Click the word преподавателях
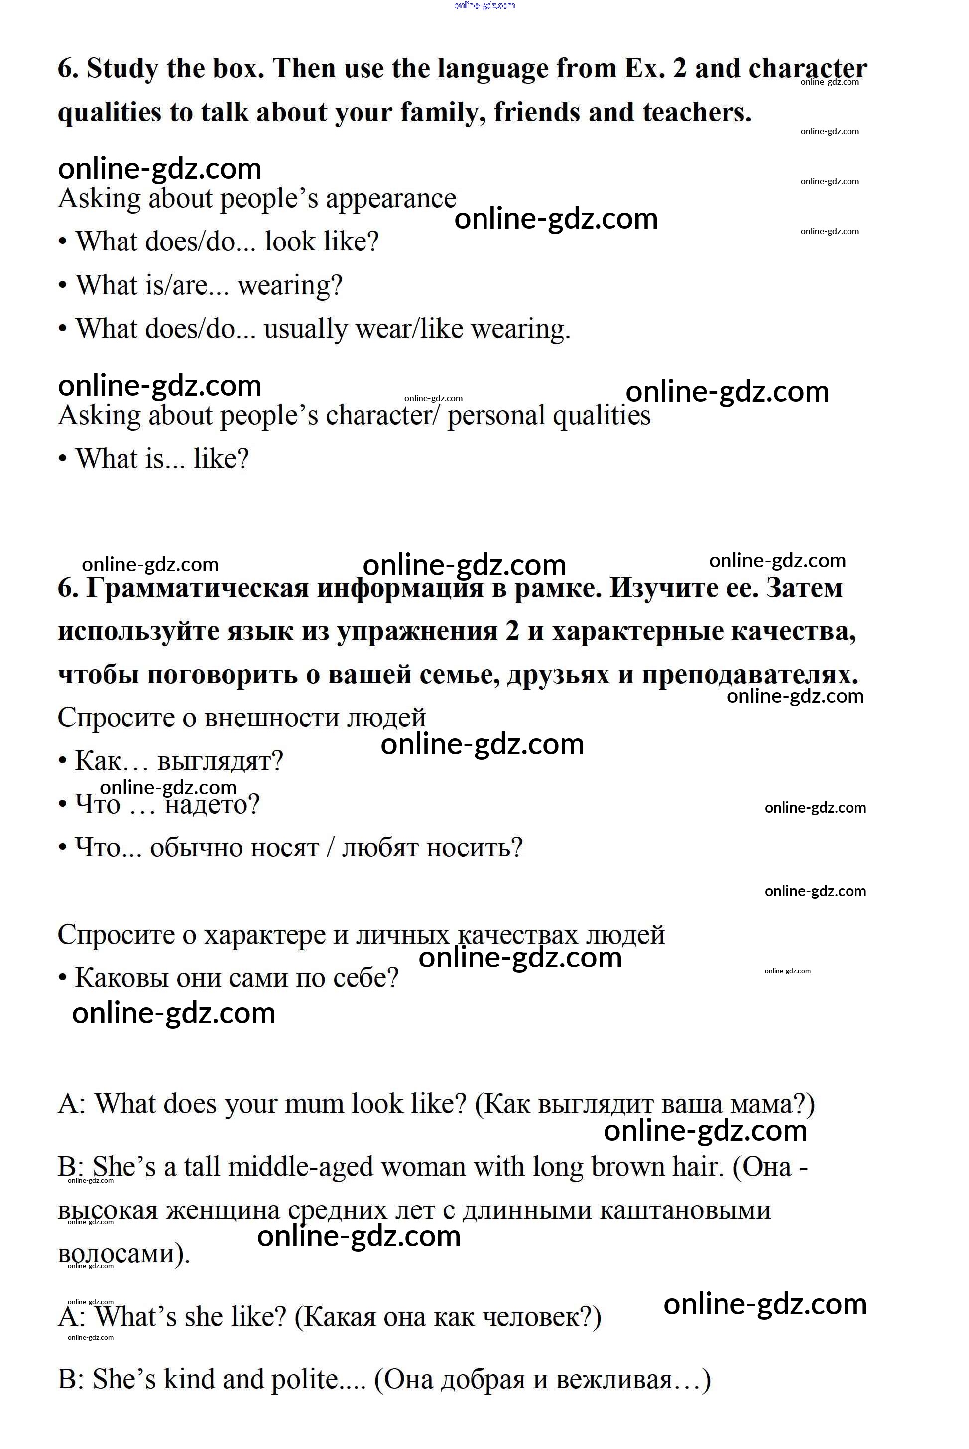pos(749,675)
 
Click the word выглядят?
pos(220,761)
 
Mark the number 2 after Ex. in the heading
pos(680,69)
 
